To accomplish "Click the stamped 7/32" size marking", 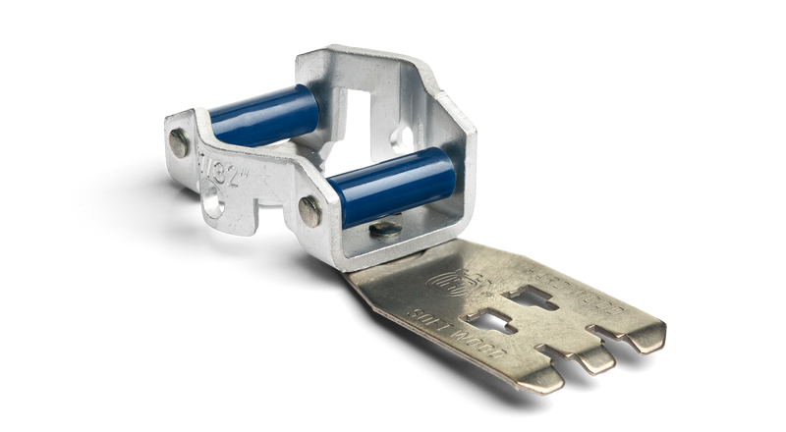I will pyautogui.click(x=228, y=160).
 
